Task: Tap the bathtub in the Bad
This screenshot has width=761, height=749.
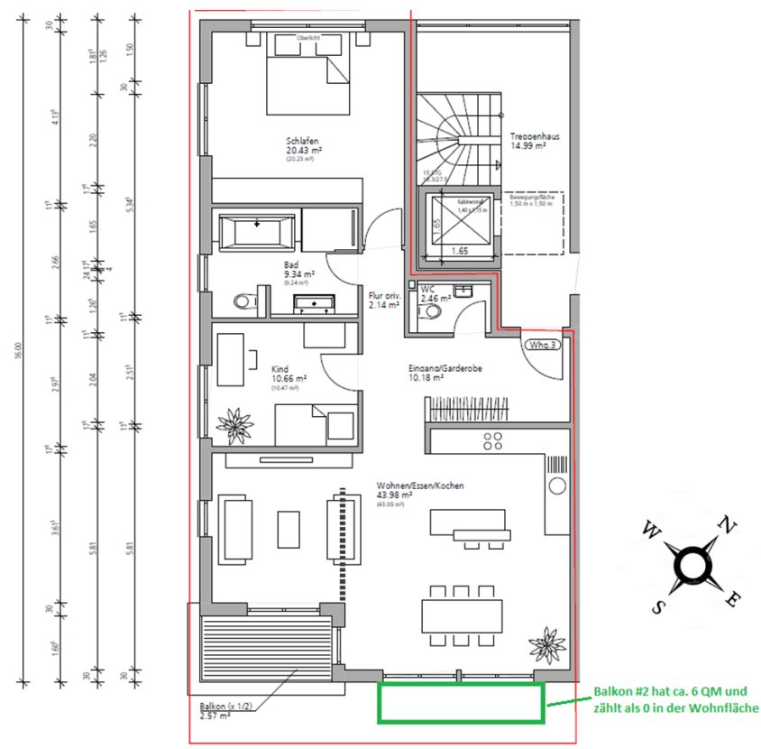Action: click(x=258, y=231)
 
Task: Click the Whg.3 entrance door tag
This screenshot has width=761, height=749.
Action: click(x=541, y=344)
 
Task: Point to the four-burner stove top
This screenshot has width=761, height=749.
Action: click(x=493, y=441)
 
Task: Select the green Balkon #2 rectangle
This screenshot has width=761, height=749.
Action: click(x=461, y=703)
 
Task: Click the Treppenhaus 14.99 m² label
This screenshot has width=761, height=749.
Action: click(x=535, y=142)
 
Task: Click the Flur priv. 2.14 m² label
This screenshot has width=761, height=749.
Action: click(x=384, y=299)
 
